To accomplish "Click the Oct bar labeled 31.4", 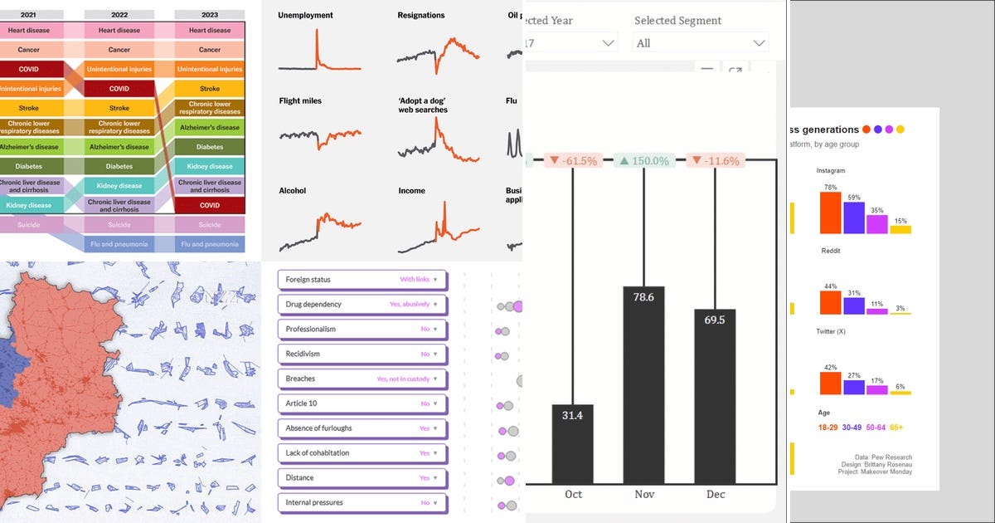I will point(573,443).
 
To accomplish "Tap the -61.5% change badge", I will point(572,161).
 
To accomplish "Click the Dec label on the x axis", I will point(715,494).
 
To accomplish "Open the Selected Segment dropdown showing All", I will point(701,42).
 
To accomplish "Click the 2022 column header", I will point(119,14).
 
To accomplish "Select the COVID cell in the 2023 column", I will point(210,205).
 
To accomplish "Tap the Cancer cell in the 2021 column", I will point(29,50).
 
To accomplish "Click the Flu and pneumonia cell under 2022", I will point(119,244).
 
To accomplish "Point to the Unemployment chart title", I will point(305,15).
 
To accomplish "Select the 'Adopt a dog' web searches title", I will point(422,105).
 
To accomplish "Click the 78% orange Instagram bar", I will point(830,213).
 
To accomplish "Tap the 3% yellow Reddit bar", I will point(900,312).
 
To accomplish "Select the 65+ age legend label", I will point(896,427).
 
